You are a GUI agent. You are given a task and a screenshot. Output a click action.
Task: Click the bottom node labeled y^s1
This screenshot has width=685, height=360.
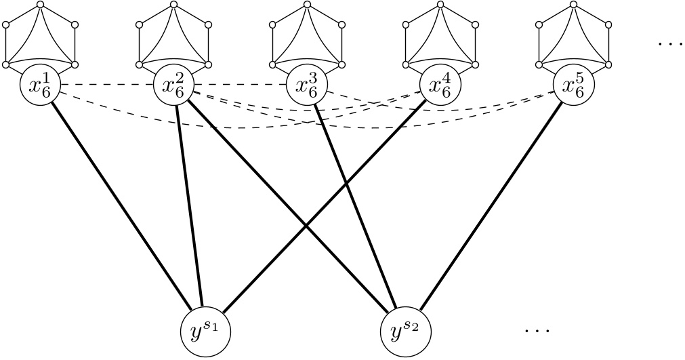tap(203, 330)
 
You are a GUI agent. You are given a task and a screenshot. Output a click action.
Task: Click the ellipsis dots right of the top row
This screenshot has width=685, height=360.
tap(671, 44)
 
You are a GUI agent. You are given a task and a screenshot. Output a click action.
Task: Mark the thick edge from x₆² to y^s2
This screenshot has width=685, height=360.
tap(288, 203)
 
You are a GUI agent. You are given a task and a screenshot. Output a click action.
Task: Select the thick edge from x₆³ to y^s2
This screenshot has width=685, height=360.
tap(356, 203)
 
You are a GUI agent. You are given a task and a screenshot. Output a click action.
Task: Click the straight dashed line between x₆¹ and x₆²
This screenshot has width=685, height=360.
tap(106, 85)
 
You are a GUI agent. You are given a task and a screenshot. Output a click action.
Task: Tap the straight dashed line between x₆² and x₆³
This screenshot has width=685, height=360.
tap(240, 85)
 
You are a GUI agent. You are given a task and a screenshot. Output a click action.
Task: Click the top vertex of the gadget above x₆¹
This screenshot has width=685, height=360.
tap(40, 5)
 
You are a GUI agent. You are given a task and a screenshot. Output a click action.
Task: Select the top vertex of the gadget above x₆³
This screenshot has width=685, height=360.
tap(306, 5)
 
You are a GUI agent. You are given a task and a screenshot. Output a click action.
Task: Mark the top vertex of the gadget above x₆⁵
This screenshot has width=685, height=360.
tap(573, 5)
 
